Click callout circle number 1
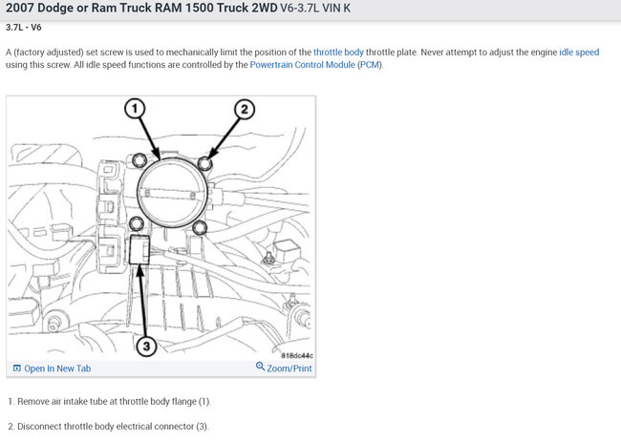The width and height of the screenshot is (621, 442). (138, 109)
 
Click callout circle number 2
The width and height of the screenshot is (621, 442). (243, 109)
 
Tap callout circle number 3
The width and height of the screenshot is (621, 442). (146, 347)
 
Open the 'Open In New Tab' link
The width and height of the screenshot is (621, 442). (57, 368)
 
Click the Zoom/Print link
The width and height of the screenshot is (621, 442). (289, 368)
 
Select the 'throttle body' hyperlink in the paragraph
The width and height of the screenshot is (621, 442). (341, 52)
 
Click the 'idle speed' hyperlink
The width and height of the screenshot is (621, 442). (579, 52)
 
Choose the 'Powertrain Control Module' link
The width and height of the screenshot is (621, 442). (302, 65)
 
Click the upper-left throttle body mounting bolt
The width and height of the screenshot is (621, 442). (139, 158)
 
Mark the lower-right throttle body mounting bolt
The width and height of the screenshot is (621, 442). (200, 228)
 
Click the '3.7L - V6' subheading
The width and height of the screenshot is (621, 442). (29, 27)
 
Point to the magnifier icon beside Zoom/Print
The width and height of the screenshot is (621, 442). (261, 368)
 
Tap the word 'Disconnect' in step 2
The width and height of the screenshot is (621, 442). (42, 426)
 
